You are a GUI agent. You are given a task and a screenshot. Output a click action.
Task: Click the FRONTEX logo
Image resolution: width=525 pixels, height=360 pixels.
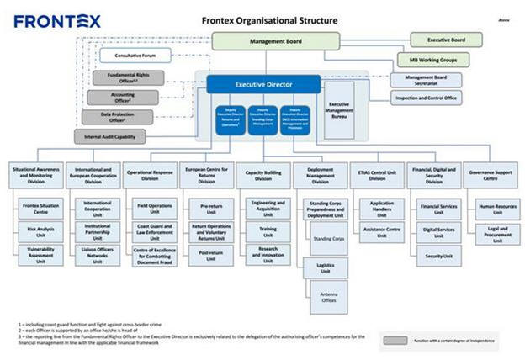[56, 20]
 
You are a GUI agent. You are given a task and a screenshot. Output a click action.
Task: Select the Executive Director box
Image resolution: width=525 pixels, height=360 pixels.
[264, 83]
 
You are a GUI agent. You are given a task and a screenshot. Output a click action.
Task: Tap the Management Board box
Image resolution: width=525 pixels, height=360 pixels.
[277, 41]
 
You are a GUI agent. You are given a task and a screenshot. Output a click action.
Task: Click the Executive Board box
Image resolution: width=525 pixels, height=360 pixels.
[446, 40]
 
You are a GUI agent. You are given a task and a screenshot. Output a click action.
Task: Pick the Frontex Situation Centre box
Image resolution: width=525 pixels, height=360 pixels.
[41, 207]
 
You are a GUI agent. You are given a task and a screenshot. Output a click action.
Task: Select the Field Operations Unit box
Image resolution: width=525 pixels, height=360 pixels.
[155, 207]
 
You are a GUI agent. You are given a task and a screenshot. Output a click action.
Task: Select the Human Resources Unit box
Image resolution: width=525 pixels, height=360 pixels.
[497, 207]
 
